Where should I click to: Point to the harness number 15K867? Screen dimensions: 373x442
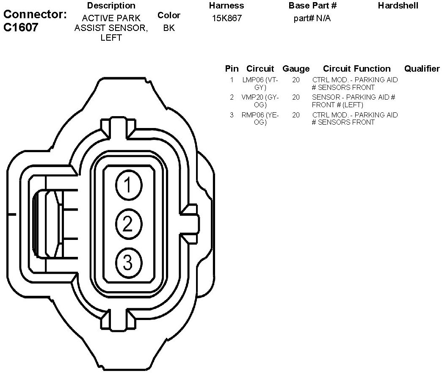pos(227,19)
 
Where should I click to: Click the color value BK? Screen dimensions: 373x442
pos(169,28)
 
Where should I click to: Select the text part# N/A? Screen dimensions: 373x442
pos(312,19)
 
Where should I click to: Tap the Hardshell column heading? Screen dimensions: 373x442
pos(398,6)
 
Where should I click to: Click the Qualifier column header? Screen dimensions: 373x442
pos(422,69)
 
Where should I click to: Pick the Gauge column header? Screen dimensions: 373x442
pos(296,69)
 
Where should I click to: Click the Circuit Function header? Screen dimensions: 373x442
pos(356,69)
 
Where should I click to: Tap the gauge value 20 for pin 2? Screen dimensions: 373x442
pos(296,97)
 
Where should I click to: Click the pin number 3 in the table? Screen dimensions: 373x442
pos(232,115)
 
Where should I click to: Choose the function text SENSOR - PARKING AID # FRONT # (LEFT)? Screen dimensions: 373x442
pos(354,101)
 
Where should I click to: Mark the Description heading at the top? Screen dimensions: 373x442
pos(111,6)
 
